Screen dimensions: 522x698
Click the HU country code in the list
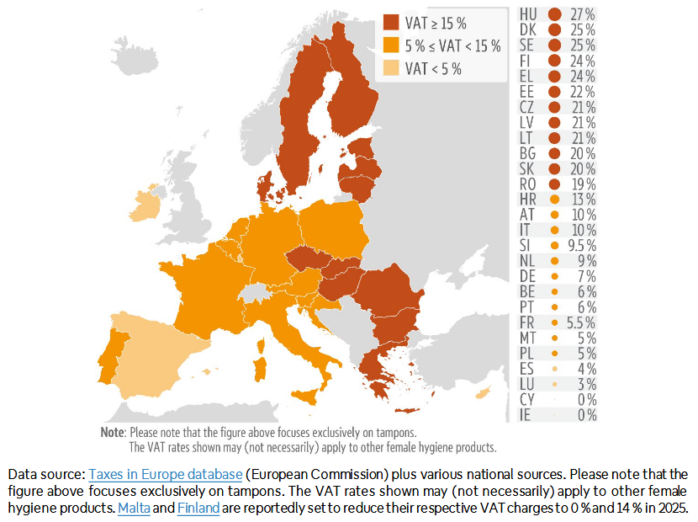529,14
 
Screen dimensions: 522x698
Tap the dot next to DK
554,29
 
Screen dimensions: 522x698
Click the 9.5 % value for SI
579,245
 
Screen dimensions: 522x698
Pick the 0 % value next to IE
586,415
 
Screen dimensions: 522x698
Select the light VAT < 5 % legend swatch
391,68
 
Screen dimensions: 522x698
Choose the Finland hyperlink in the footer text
198,508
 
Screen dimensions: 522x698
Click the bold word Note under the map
112,431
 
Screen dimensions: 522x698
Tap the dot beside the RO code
554,184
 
